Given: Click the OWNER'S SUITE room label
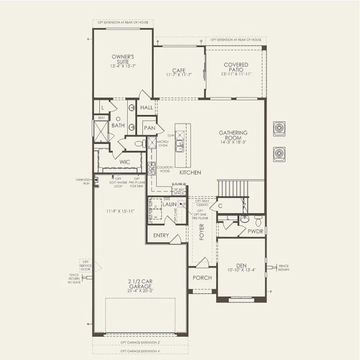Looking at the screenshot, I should click(x=122, y=59).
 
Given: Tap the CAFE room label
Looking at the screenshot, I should click(x=178, y=70).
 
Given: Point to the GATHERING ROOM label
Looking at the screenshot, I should click(x=233, y=133).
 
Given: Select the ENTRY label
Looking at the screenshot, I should click(x=160, y=235).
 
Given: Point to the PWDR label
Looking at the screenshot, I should click(x=256, y=231).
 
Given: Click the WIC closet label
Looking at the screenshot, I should click(x=124, y=162).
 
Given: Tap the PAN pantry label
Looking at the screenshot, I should click(x=149, y=128).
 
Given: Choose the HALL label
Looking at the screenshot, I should click(x=146, y=109).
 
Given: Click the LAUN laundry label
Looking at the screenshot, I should click(x=169, y=205).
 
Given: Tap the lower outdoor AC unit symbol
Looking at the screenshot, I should click(x=279, y=154).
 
